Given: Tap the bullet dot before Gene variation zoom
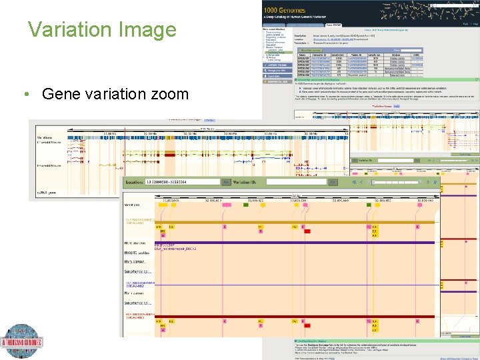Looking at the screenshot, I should pos(26,94).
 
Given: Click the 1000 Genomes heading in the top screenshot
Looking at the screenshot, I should pos(286,11).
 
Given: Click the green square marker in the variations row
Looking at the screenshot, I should pos(245,206).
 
